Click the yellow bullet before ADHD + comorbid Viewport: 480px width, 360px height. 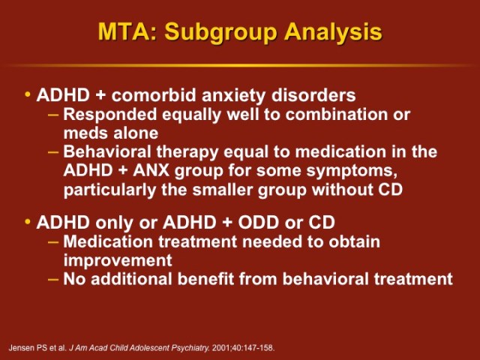pos(28,95)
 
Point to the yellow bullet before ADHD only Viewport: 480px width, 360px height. pos(28,223)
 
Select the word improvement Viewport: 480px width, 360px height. pos(118,261)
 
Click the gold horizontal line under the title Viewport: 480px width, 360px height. pos(240,65)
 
